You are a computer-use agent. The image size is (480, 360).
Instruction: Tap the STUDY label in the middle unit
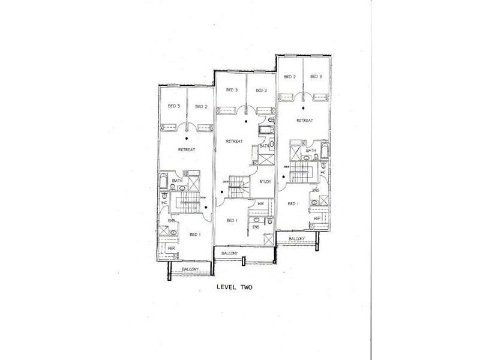coord(265,181)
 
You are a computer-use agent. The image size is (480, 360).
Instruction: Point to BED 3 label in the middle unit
coord(232,91)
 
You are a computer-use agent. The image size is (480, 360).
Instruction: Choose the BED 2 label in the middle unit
coord(261,91)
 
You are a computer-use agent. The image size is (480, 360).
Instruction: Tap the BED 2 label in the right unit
coord(290,76)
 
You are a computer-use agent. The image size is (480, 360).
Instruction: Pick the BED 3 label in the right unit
coord(316,76)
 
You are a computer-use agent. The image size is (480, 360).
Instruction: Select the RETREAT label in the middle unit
coord(234,141)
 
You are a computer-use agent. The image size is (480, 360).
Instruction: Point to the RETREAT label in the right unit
coord(305,120)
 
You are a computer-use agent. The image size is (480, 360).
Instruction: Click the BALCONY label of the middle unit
coord(230,253)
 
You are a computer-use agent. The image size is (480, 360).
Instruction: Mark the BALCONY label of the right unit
coord(296,238)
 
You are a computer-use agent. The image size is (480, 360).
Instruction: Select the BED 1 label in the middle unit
coord(232,220)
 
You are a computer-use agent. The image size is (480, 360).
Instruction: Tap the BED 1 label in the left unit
coord(194,234)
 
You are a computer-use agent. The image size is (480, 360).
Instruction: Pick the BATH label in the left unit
coord(177,181)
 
